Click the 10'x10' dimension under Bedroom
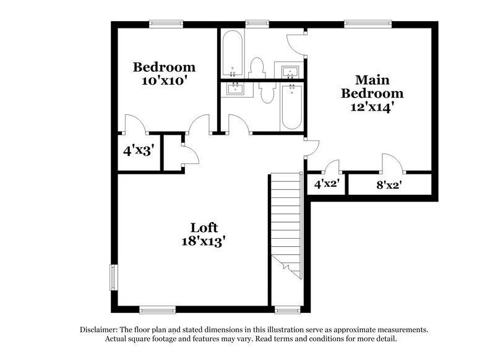point(165,80)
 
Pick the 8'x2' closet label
point(389,184)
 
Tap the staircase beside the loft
point(285,223)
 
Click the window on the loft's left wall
point(113,276)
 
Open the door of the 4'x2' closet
point(332,167)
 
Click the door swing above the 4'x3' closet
point(135,124)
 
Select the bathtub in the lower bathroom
point(290,106)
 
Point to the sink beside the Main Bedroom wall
point(290,72)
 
